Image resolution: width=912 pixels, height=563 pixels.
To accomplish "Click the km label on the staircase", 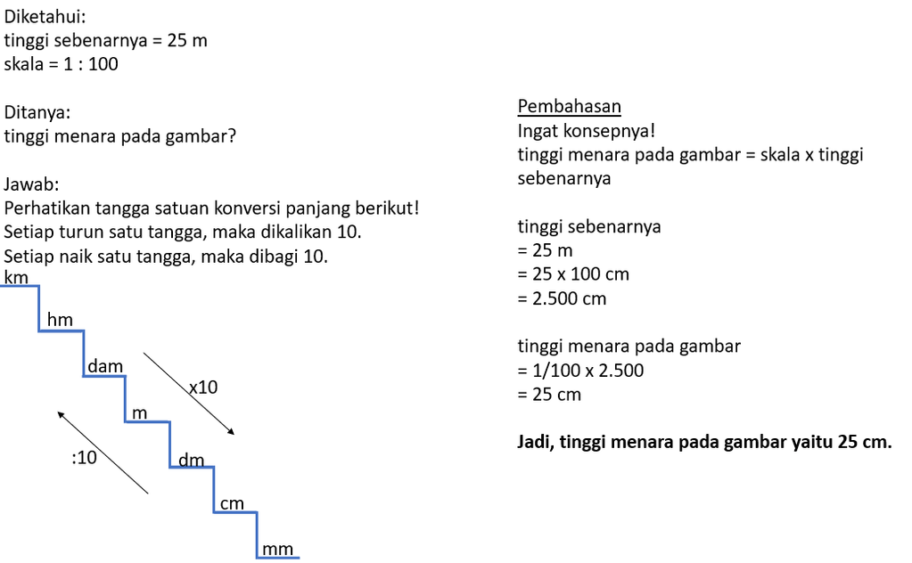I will click(x=17, y=278).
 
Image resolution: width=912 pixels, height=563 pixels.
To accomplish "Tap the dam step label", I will click(x=105, y=366).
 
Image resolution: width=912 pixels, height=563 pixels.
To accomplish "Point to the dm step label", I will click(x=192, y=460).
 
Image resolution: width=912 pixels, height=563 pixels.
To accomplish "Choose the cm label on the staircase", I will click(x=232, y=504).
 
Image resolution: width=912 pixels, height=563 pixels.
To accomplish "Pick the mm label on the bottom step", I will click(x=278, y=549).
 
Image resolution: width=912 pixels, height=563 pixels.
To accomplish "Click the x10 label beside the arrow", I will click(x=202, y=388).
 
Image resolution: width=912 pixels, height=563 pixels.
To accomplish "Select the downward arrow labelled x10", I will click(x=188, y=394).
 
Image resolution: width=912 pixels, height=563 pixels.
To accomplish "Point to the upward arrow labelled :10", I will click(x=103, y=452).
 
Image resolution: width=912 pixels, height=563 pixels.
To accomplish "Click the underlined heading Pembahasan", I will click(x=569, y=107).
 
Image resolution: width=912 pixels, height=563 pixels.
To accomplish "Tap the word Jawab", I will click(x=31, y=185).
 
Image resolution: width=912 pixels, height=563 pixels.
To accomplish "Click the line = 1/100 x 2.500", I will click(x=580, y=371).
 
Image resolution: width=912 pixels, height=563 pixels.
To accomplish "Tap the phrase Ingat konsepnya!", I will click(x=586, y=131).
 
